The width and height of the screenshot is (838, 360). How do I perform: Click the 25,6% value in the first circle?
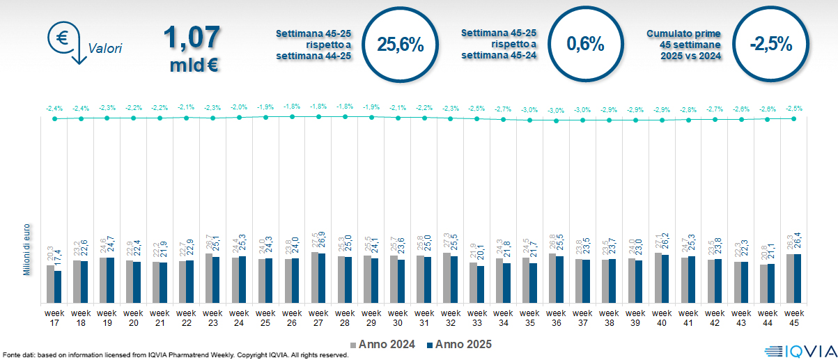(x=400, y=45)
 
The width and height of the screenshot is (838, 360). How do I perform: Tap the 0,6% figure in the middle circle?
(x=585, y=44)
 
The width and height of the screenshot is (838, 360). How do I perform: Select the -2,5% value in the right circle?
(x=770, y=44)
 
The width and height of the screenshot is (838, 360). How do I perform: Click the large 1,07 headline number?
(x=192, y=38)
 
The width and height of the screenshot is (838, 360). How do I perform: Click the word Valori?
(x=105, y=49)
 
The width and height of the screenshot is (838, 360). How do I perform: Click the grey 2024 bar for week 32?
(x=447, y=278)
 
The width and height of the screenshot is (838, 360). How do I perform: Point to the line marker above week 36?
(x=556, y=120)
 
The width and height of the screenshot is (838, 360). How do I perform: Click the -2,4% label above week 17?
(x=54, y=108)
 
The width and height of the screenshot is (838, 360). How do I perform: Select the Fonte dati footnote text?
(x=174, y=355)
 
